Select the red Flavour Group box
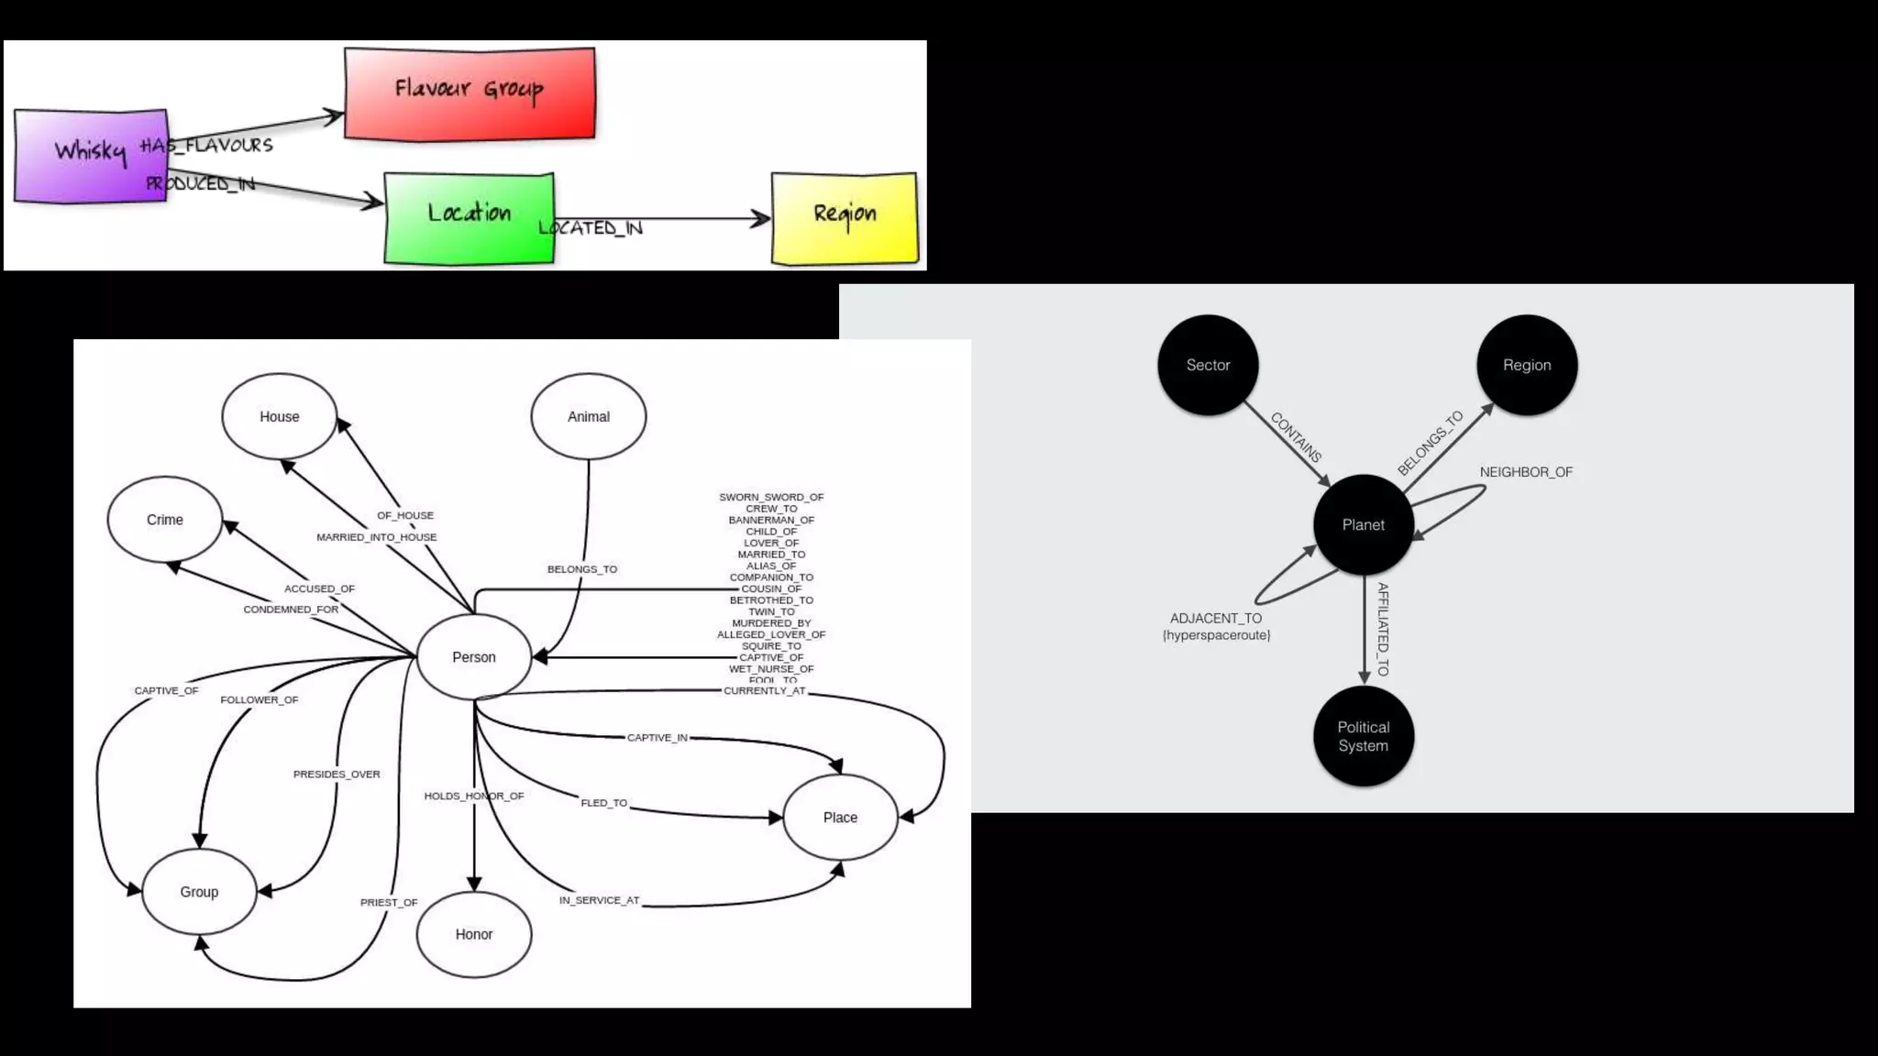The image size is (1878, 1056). point(469,93)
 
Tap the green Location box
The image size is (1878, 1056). point(469,217)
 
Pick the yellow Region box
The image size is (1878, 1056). point(845,217)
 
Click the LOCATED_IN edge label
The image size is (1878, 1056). point(591,227)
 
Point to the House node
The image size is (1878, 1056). point(279,416)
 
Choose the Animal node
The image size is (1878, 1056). point(588,416)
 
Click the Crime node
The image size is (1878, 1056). point(165,520)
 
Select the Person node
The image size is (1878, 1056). point(474,657)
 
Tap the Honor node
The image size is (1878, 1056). point(474,934)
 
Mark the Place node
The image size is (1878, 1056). point(840,818)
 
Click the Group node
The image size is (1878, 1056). point(199,892)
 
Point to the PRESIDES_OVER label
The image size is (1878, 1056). point(337,774)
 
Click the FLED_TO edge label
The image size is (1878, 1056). point(604,803)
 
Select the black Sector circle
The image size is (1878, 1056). point(1208,365)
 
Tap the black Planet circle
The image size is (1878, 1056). point(1364,525)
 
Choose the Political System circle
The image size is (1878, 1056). point(1364,736)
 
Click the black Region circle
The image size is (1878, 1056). point(1527,365)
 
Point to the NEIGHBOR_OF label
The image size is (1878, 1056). point(1526,472)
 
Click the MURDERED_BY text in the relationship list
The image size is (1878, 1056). point(771,623)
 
